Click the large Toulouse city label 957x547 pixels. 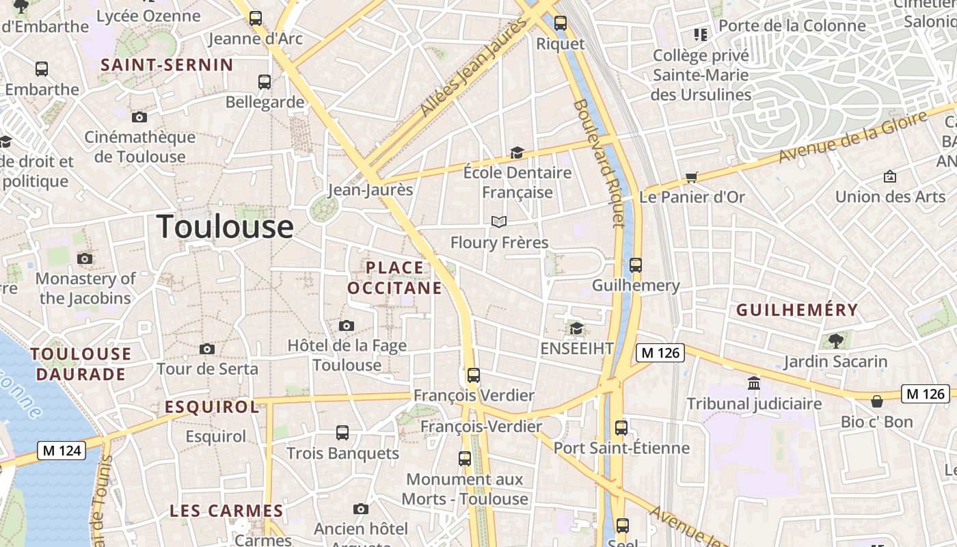tap(226, 227)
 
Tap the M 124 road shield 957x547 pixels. tap(61, 451)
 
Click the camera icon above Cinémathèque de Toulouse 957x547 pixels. tap(139, 118)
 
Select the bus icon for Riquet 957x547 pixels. tap(561, 23)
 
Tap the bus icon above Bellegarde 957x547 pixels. tap(265, 82)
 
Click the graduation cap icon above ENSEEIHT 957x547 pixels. tap(577, 329)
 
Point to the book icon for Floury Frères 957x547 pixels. tap(499, 222)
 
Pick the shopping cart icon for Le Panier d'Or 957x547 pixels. tap(692, 178)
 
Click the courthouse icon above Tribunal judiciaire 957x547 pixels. tap(754, 384)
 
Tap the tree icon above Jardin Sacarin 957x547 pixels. tap(835, 341)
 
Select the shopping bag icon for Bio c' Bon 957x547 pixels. tap(877, 401)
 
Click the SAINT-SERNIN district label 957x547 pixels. tap(167, 65)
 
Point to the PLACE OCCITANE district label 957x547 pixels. tap(394, 278)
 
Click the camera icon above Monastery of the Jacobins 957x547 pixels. tap(85, 258)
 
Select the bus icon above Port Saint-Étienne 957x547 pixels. tap(621, 428)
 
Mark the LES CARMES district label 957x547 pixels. tap(226, 511)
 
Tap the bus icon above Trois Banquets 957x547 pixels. tap(342, 433)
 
